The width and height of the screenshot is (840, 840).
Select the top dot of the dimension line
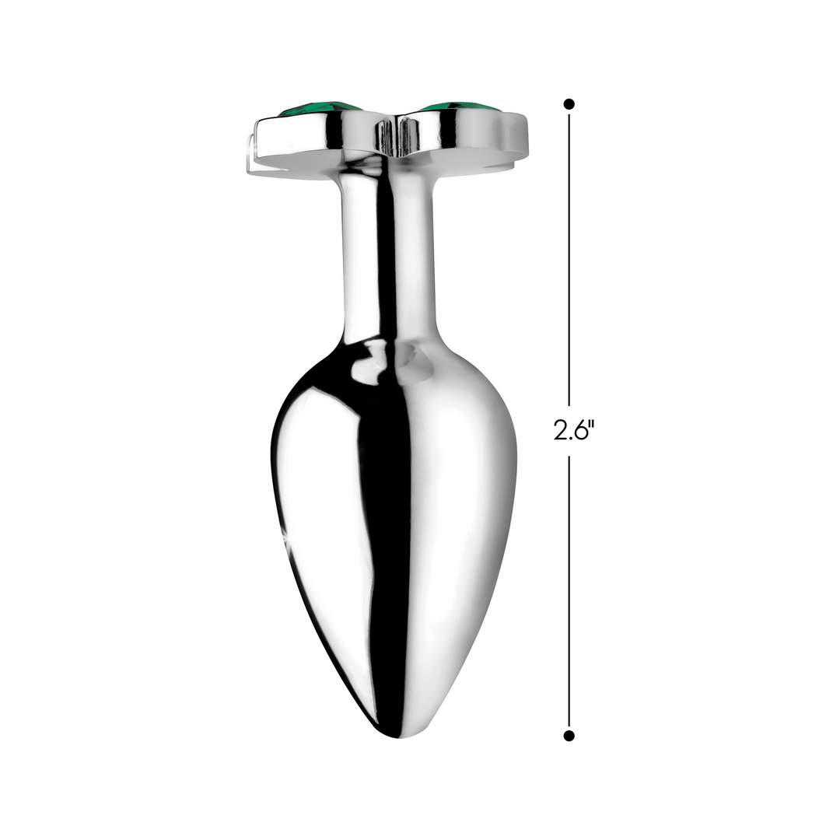[569, 103]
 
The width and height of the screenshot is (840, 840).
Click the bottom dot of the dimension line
[569, 735]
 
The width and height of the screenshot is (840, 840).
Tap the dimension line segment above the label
[569, 257]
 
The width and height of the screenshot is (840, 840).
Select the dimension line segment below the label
[569, 591]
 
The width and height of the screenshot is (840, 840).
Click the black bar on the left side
[61, 420]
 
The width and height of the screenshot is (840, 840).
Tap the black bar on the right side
[778, 420]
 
